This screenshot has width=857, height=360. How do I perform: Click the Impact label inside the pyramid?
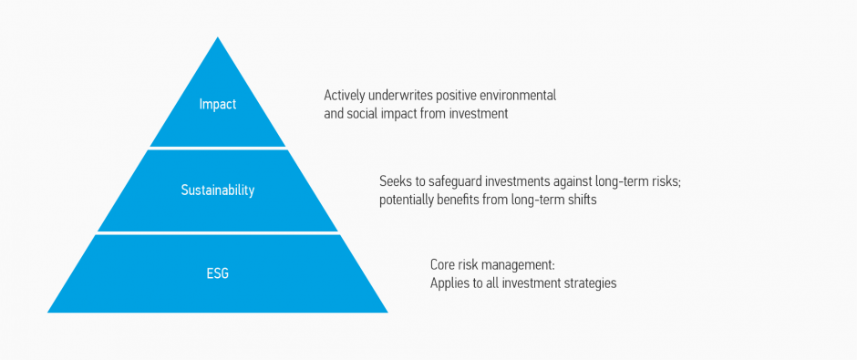point(217,105)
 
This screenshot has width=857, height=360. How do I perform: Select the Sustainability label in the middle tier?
point(217,190)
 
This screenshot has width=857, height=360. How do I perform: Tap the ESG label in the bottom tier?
point(217,273)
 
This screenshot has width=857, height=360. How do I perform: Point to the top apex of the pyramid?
point(218,39)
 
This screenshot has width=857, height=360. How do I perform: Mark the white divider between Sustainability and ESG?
point(217,233)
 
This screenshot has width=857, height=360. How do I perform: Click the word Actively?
point(345,96)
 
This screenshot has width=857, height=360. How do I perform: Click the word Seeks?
point(396,181)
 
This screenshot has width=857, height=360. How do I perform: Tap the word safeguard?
point(459,181)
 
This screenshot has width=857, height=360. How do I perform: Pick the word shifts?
point(580,200)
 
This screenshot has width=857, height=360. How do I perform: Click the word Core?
point(443,265)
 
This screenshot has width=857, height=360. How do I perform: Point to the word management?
point(521,265)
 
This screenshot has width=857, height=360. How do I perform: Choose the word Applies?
point(450,283)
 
